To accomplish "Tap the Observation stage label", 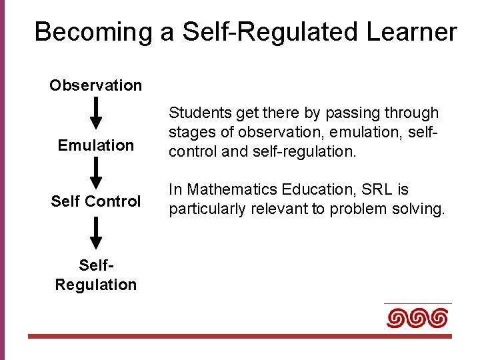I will click(x=95, y=85).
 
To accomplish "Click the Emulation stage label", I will click(x=95, y=145).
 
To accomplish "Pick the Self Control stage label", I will click(x=95, y=201).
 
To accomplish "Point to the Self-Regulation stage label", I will click(x=95, y=275).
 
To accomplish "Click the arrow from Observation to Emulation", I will click(x=96, y=113).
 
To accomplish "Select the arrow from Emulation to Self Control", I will click(x=96, y=173).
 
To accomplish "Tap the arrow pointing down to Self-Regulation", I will click(x=96, y=233).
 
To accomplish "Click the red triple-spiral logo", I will click(x=417, y=318).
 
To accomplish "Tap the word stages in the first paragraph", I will click(x=189, y=133).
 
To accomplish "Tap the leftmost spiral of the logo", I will click(x=397, y=318).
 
